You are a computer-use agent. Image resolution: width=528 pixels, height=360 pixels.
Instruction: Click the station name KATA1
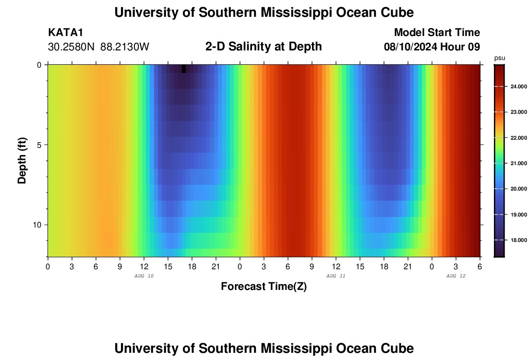click(x=66, y=33)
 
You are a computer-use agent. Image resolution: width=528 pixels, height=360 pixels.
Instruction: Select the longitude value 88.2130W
click(x=125, y=47)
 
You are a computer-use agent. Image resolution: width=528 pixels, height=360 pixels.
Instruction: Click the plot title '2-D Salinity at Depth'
click(x=263, y=47)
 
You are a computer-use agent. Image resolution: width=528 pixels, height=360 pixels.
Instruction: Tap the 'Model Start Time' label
click(x=437, y=33)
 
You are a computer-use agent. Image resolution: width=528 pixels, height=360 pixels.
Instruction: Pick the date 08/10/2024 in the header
click(x=411, y=47)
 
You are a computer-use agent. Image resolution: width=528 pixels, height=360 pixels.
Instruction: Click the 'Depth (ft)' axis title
click(x=22, y=161)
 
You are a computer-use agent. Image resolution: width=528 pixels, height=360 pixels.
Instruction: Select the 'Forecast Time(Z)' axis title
click(x=264, y=287)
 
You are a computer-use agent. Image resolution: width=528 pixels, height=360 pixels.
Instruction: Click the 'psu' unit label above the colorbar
click(x=500, y=58)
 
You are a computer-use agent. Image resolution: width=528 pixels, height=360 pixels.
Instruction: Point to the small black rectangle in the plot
click(x=184, y=69)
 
